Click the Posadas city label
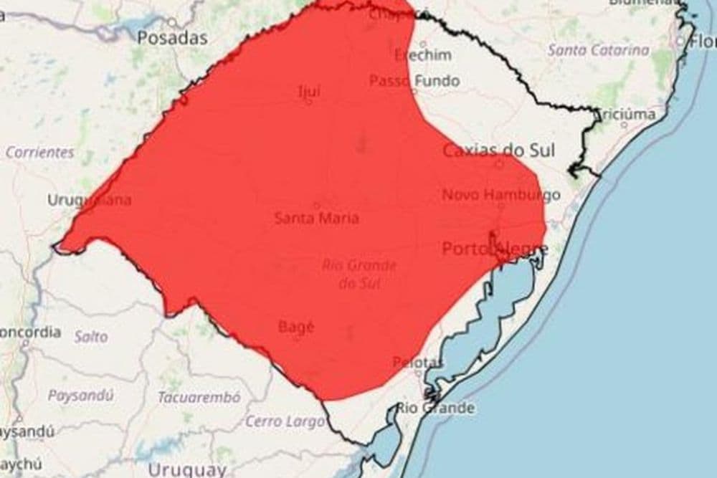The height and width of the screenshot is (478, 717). (172, 38)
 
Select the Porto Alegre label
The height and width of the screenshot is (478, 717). (495, 249)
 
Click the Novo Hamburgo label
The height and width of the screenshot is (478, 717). (500, 195)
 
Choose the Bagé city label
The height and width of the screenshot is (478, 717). (295, 328)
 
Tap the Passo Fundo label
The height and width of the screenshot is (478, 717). (414, 81)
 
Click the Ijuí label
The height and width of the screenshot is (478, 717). (308, 92)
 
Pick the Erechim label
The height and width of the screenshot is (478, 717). (423, 55)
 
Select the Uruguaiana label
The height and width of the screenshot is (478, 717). (89, 200)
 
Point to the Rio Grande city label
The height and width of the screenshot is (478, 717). (435, 408)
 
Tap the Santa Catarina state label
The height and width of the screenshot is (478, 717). (599, 51)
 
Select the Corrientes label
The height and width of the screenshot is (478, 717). (40, 153)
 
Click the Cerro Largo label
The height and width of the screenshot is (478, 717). (285, 421)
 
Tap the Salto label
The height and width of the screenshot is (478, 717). (91, 336)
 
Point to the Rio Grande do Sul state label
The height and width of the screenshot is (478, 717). (358, 274)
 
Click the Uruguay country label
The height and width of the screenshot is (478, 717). (186, 470)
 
